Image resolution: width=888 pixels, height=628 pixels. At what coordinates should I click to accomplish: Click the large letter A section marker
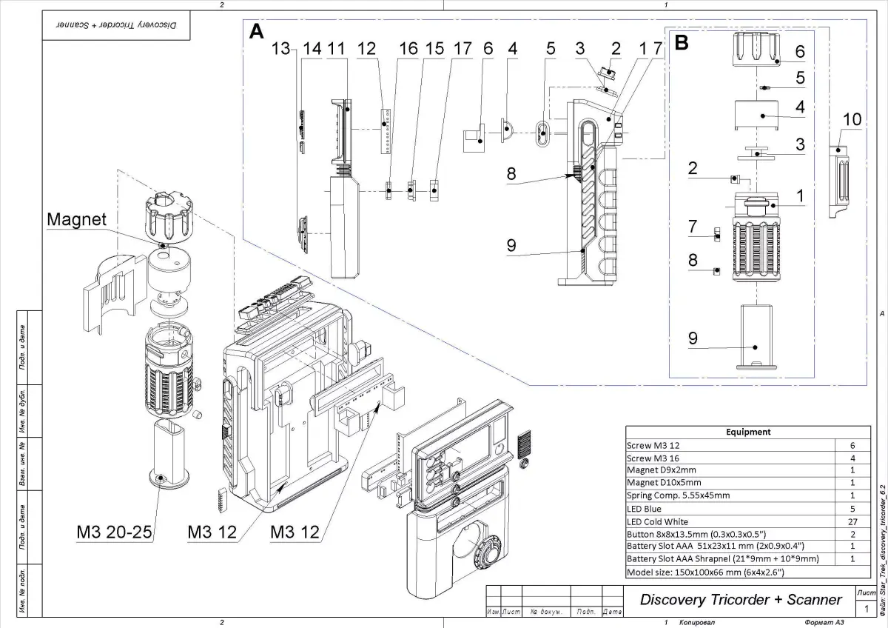click(256, 31)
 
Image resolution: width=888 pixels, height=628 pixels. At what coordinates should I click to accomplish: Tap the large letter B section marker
click(682, 43)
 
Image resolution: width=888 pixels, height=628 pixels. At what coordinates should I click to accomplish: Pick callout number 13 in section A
click(281, 49)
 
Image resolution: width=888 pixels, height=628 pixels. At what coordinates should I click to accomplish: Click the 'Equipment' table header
click(747, 432)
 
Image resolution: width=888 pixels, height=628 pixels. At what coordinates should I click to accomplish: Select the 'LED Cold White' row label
click(657, 522)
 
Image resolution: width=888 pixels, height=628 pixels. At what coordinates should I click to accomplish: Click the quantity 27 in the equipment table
click(852, 522)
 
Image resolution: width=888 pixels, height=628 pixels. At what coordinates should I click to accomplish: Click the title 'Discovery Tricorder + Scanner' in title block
click(741, 600)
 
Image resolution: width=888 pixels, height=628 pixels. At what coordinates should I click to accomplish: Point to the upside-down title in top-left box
click(115, 24)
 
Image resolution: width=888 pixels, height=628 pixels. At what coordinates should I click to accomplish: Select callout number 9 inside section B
click(693, 338)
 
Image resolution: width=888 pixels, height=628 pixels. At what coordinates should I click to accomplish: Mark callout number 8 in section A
click(512, 175)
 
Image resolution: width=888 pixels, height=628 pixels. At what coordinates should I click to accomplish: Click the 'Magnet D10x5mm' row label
click(661, 483)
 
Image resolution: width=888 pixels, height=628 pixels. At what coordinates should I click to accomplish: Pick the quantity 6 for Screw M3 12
click(852, 445)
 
